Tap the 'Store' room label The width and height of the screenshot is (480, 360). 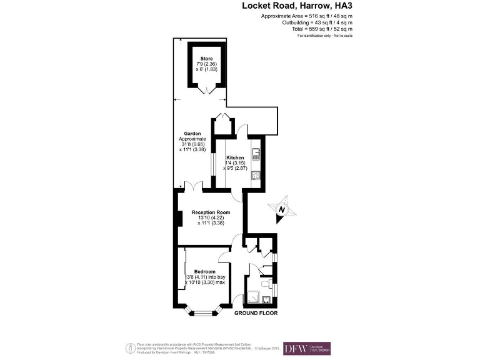197,58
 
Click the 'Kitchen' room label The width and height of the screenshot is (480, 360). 226,157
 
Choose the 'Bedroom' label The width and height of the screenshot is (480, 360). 204,272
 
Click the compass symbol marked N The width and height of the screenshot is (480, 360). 281,210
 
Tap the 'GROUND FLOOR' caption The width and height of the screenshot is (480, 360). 256,313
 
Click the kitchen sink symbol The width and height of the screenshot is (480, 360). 256,152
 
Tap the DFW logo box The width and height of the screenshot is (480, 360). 307,348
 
